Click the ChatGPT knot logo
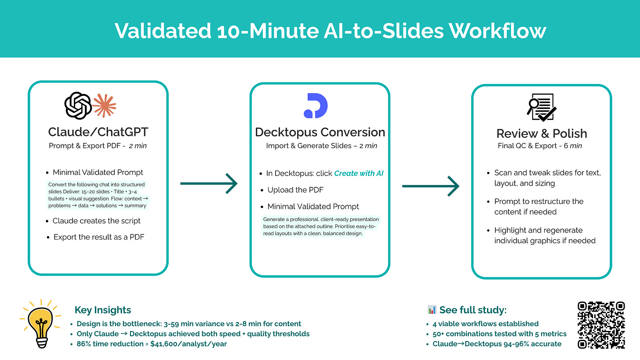[x=78, y=105]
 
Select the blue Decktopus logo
[x=316, y=105]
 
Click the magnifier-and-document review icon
[x=541, y=107]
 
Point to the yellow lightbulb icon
[x=40, y=323]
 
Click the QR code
[x=601, y=325]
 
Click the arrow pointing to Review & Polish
[x=430, y=186]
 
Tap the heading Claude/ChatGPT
[x=98, y=132]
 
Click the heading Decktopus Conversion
[x=320, y=132]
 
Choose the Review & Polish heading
[x=542, y=133]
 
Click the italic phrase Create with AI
[x=359, y=173]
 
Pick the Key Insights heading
[x=103, y=310]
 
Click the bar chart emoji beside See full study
[x=432, y=310]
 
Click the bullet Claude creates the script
[x=96, y=221]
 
